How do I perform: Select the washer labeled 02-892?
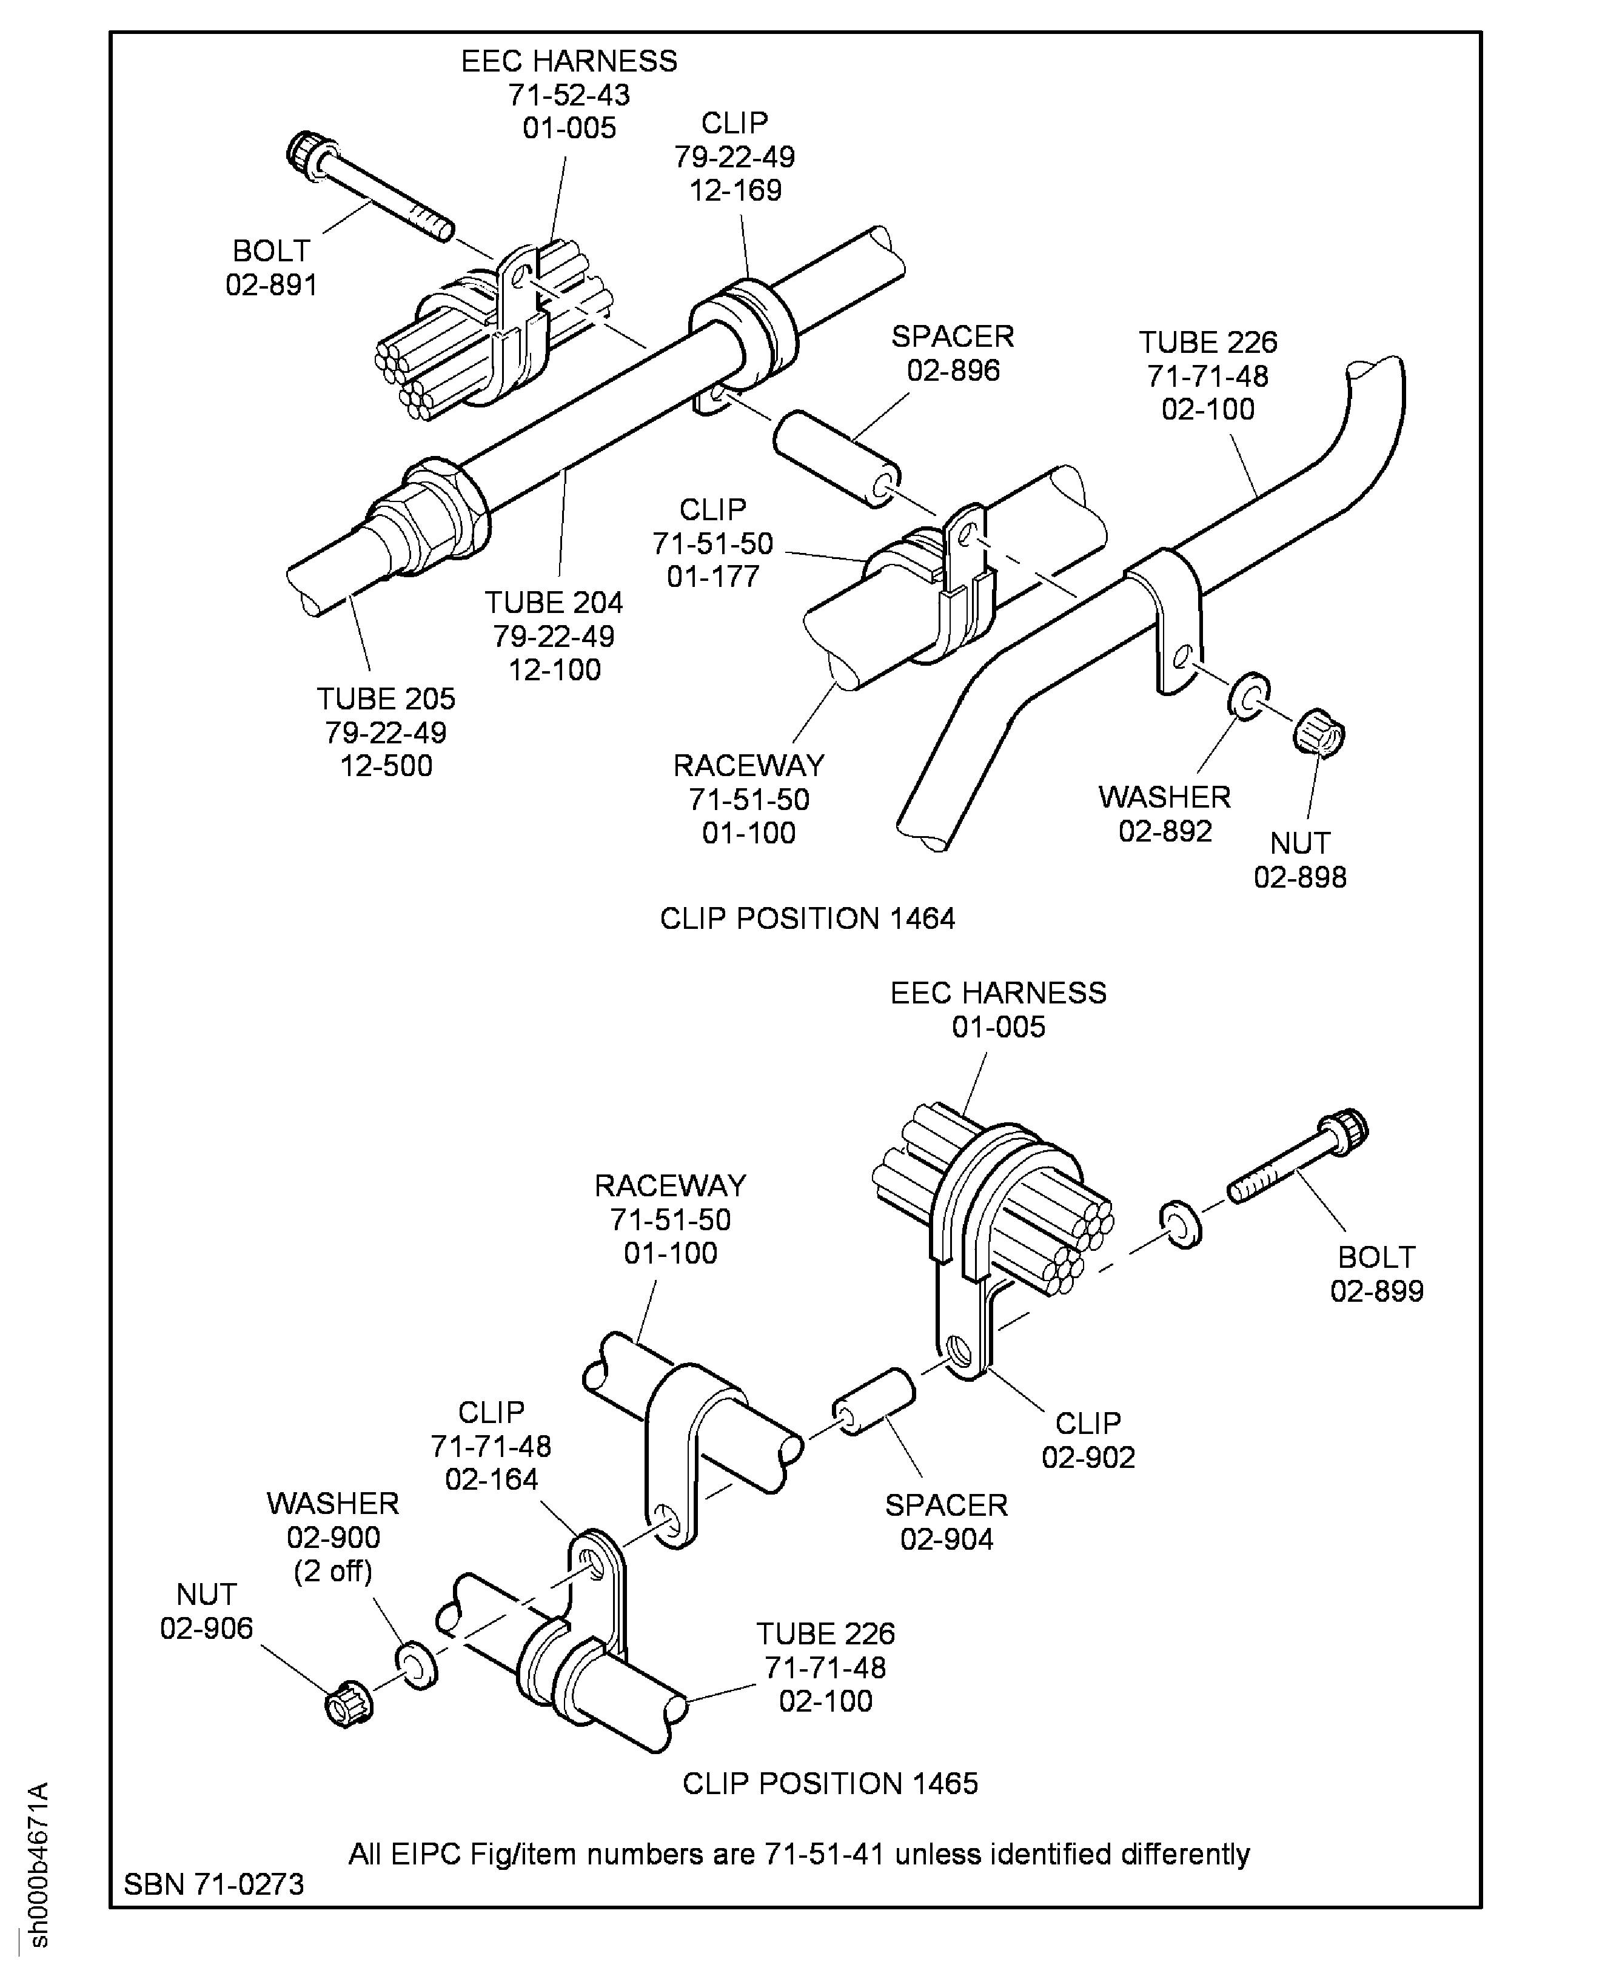pyautogui.click(x=1249, y=694)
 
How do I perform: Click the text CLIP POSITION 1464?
pyautogui.click(x=806, y=918)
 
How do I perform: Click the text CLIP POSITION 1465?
pyautogui.click(x=829, y=1783)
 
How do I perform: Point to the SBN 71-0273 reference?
pyautogui.click(x=213, y=1883)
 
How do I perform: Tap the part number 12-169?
pyautogui.click(x=735, y=190)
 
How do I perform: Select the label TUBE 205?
pyautogui.click(x=386, y=698)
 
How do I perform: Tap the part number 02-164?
pyautogui.click(x=491, y=1479)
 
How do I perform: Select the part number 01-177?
pyautogui.click(x=713, y=576)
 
